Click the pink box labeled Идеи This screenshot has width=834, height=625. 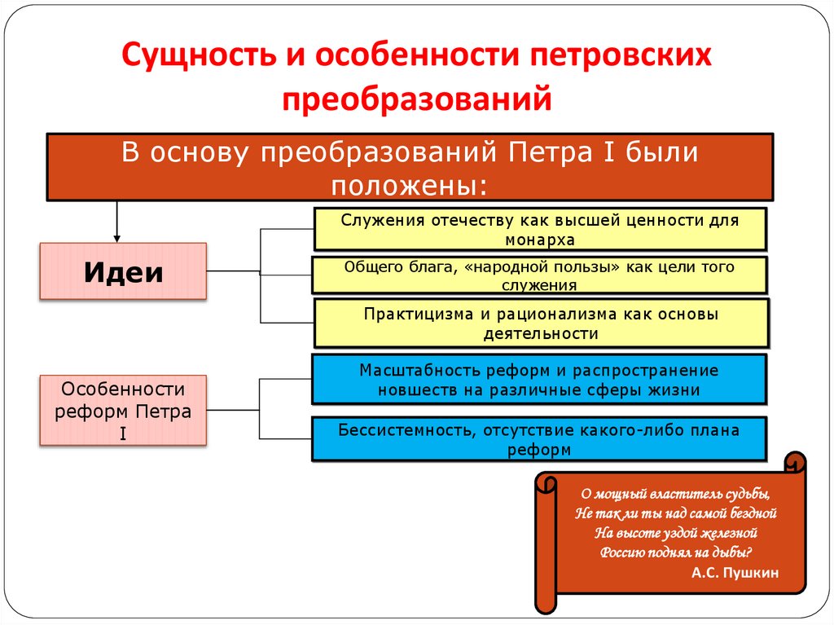pyautogui.click(x=123, y=271)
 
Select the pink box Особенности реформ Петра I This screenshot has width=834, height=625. pyautogui.click(x=123, y=411)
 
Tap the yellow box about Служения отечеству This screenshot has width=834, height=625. pyautogui.click(x=540, y=229)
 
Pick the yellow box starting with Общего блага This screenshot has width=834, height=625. pyautogui.click(x=540, y=275)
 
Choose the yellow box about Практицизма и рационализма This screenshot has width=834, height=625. pyautogui.click(x=540, y=324)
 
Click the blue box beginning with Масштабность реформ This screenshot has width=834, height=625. pyautogui.click(x=538, y=380)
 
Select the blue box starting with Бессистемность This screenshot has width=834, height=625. pyautogui.click(x=538, y=439)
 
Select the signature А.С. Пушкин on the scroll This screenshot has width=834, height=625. pyautogui.click(x=734, y=573)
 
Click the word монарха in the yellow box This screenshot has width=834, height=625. pyautogui.click(x=539, y=240)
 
